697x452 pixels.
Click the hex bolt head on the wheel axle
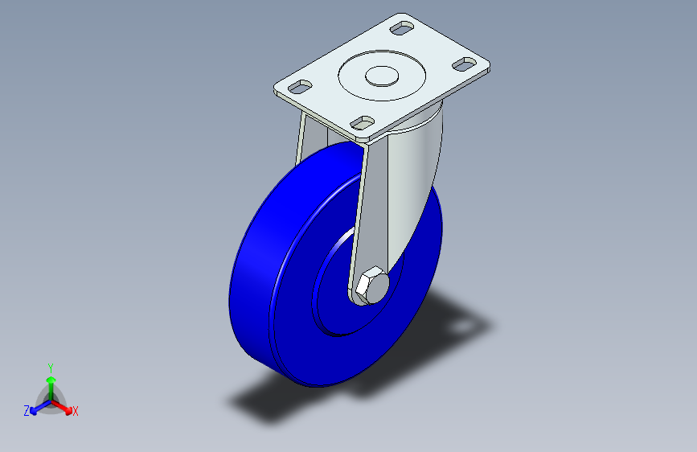(372, 286)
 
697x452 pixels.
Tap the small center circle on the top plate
(382, 76)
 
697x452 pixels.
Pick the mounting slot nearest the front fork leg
(363, 123)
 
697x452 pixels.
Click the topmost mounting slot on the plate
(402, 28)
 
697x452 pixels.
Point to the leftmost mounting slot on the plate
(301, 86)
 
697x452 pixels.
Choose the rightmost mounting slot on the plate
(465, 64)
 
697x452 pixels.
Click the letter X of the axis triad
(75, 412)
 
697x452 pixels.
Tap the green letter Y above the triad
(51, 368)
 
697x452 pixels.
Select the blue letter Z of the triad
(27, 411)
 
